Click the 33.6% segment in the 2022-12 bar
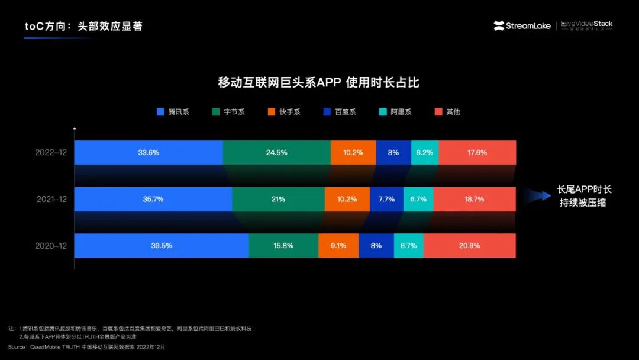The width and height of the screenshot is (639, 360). (149, 152)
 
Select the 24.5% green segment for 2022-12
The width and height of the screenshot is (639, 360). (277, 152)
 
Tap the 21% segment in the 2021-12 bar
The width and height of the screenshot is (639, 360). (278, 199)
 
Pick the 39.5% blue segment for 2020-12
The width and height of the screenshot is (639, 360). (162, 245)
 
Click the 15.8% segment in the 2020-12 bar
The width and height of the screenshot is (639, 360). (283, 245)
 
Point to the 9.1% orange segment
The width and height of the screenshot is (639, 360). (338, 245)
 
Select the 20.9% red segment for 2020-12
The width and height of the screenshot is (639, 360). (470, 245)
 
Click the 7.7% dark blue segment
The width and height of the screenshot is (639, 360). (386, 199)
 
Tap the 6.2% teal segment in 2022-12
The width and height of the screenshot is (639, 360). (425, 152)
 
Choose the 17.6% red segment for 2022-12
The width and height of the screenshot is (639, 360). (477, 152)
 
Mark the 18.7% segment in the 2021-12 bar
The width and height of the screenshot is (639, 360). (475, 199)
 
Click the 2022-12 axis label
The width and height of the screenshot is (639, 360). (51, 152)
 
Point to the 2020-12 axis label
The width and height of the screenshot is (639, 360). (51, 245)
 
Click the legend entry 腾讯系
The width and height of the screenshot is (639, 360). (173, 111)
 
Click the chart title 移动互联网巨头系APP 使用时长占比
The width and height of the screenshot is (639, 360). (319, 82)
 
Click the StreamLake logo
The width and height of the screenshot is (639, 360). (522, 25)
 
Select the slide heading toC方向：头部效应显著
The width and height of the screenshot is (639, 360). (83, 26)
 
